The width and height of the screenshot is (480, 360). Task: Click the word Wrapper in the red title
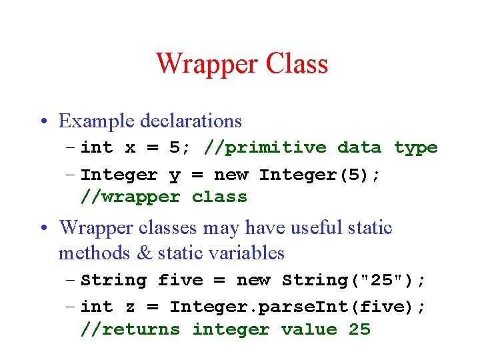pos(207,64)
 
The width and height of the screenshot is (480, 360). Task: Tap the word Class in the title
pos(297,64)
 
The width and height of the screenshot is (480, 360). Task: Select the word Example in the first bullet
pos(97,121)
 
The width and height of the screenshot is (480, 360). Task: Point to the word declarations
pos(191,121)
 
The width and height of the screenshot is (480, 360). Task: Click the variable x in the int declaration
pos(130,148)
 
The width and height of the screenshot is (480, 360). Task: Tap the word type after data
pos(415,148)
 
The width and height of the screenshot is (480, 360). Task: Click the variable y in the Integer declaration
pos(175,175)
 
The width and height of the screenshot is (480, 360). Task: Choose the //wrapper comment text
pos(130,197)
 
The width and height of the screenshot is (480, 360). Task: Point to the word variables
pos(246,253)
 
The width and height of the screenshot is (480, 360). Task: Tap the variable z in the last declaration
pos(130,307)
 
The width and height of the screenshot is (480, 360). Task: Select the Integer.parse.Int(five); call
pos(297,307)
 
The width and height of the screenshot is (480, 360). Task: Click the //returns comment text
pos(130,329)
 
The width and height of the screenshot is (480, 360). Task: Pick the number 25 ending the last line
pos(359,329)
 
